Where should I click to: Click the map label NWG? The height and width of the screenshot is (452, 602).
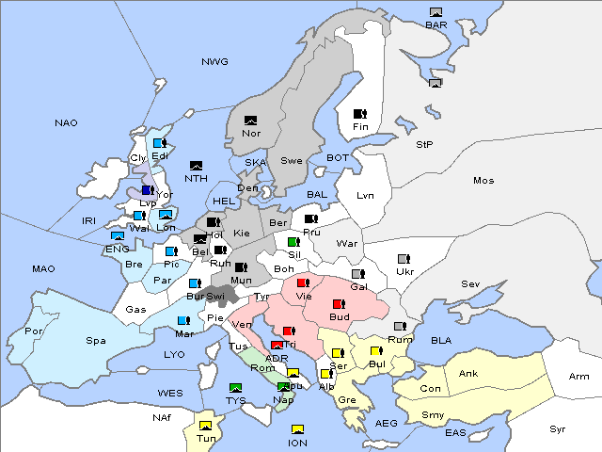pos(214,62)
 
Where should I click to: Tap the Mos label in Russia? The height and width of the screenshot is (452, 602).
pos(483,180)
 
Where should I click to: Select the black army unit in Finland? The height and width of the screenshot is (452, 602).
pos(359,114)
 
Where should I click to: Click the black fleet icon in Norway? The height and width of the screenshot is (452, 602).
pos(251,121)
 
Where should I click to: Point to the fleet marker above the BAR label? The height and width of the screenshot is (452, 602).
pos(436,12)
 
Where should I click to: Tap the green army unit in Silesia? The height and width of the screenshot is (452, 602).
pos(293,242)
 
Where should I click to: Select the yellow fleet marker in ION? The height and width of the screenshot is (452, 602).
pos(298,429)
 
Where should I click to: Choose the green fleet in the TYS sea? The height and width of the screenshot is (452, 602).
pos(236,388)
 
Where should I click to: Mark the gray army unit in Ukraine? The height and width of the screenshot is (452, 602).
pos(404,259)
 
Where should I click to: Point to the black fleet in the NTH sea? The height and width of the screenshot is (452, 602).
pos(197,166)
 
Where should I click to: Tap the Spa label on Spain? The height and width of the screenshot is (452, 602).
pos(95,340)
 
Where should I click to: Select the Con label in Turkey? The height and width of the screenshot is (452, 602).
pos(430,389)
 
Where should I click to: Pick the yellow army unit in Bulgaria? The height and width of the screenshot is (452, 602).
pos(375,351)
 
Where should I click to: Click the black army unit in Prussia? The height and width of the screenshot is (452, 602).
pos(311,219)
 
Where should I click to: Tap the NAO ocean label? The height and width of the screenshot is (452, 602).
pos(66,123)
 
